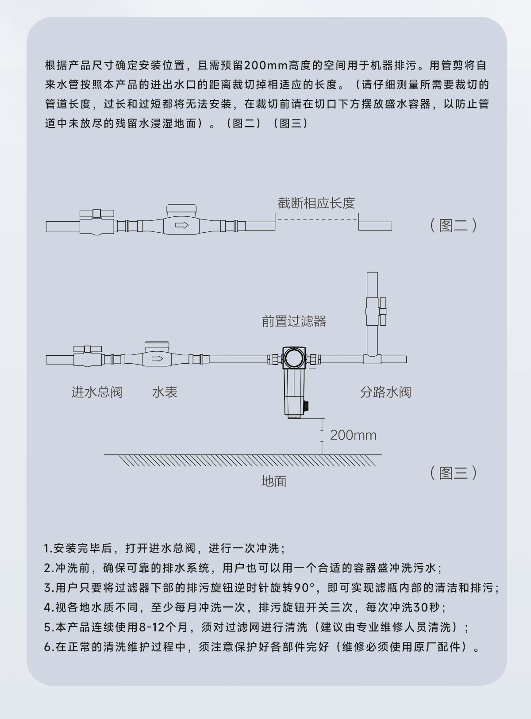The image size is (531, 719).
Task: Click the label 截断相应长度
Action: (x=316, y=203)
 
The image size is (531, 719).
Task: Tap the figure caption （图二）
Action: (x=453, y=225)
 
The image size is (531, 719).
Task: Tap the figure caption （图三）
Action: (x=453, y=473)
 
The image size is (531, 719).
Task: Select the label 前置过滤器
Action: (x=294, y=321)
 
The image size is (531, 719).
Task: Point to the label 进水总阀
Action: (x=97, y=392)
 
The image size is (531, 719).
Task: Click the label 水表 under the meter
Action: (x=165, y=392)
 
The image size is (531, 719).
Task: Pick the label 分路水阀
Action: (x=386, y=392)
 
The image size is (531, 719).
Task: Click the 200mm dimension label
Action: (x=354, y=435)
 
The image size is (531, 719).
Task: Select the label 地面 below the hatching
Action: (x=274, y=481)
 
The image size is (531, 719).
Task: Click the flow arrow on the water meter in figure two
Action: (x=182, y=225)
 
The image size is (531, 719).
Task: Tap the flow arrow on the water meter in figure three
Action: (x=157, y=358)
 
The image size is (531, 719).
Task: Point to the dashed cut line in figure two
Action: (x=317, y=219)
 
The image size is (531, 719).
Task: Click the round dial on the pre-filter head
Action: (x=294, y=358)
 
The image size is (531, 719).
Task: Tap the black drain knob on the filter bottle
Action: (x=306, y=405)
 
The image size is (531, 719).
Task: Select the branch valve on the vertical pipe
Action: (x=376, y=311)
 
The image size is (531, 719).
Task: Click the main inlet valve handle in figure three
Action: (x=88, y=349)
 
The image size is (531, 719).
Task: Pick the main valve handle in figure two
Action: (x=97, y=213)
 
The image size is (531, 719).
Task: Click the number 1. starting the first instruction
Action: (x=48, y=549)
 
